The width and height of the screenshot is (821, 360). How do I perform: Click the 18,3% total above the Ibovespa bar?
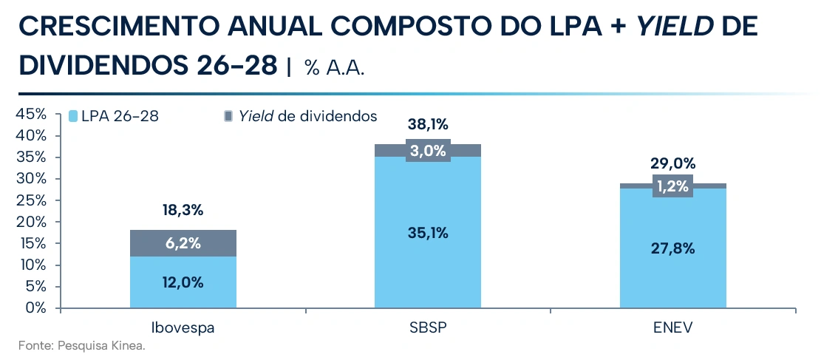pyautogui.click(x=183, y=211)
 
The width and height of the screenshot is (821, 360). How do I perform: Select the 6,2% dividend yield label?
pyautogui.click(x=183, y=243)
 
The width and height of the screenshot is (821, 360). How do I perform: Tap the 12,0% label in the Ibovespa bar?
pyautogui.click(x=183, y=282)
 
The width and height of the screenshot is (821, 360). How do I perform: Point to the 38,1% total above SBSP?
pyautogui.click(x=428, y=125)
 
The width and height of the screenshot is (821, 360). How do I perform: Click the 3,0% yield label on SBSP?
pyautogui.click(x=428, y=151)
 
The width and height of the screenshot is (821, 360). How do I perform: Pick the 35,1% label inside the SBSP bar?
pyautogui.click(x=428, y=233)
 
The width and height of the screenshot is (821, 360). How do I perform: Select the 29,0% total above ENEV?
pyautogui.click(x=673, y=164)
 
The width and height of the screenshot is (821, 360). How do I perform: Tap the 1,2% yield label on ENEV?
pyautogui.click(x=673, y=186)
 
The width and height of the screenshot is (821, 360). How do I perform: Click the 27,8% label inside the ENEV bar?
pyautogui.click(x=673, y=248)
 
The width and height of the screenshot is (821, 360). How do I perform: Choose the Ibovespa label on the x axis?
pyautogui.click(x=183, y=328)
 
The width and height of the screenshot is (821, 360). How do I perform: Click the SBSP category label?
pyautogui.click(x=428, y=328)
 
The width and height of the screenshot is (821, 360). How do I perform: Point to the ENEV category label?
pyautogui.click(x=673, y=328)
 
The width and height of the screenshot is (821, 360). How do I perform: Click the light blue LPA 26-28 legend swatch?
pyautogui.click(x=74, y=116)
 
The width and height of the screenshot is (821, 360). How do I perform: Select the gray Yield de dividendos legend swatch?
pyautogui.click(x=228, y=116)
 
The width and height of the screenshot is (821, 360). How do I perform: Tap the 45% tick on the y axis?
pyautogui.click(x=33, y=114)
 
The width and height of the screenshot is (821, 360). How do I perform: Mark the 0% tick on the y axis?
pyautogui.click(x=36, y=308)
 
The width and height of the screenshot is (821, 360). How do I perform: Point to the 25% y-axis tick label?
pyautogui.click(x=33, y=200)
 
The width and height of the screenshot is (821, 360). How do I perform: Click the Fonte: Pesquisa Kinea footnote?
pyautogui.click(x=82, y=346)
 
